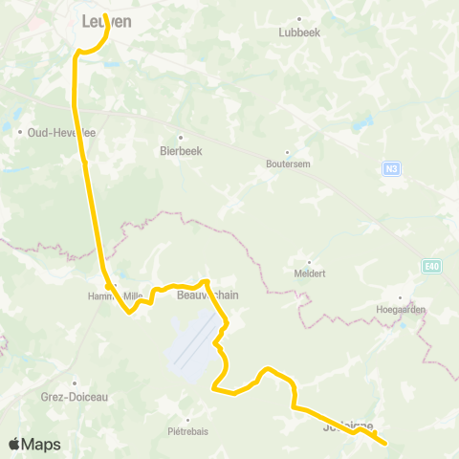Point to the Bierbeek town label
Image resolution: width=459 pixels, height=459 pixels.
coord(180,150)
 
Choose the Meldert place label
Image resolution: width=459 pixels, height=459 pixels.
coord(309,273)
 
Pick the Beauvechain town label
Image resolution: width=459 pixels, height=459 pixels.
coord(208,295)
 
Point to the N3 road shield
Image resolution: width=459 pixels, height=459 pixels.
coord(390,169)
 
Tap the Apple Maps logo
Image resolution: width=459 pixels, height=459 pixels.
coord(33,445)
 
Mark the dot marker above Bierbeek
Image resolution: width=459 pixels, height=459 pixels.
coord(180,137)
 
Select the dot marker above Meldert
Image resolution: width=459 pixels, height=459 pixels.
coord(309,261)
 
